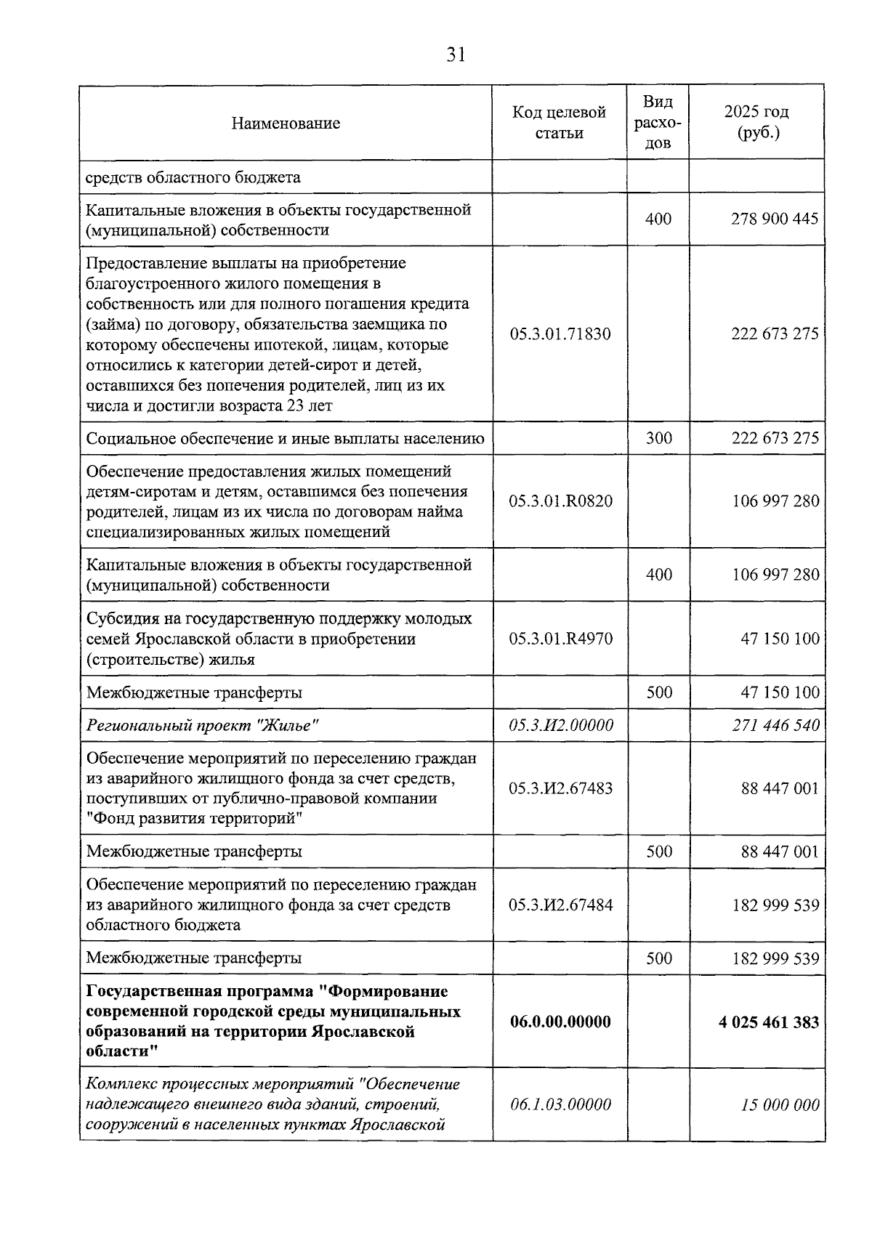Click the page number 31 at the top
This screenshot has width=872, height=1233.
click(456, 55)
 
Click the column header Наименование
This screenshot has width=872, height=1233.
click(286, 123)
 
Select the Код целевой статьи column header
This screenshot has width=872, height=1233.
click(560, 123)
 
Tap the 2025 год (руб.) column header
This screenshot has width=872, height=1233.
click(756, 123)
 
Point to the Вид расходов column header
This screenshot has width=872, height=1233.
click(658, 123)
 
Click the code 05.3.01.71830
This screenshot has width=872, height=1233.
click(560, 334)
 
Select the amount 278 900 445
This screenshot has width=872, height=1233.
click(775, 219)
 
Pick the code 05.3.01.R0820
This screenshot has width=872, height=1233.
click(560, 501)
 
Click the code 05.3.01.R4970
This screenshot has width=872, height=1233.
click(560, 639)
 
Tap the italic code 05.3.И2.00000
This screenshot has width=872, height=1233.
click(560, 725)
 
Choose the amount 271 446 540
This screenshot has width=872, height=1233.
click(775, 725)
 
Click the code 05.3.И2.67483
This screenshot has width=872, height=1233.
click(560, 788)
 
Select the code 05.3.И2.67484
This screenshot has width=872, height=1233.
click(560, 905)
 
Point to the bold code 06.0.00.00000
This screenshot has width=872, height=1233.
click(560, 1022)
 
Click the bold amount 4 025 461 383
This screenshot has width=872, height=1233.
click(769, 1022)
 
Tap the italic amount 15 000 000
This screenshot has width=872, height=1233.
click(780, 1105)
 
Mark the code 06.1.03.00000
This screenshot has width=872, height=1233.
click(560, 1105)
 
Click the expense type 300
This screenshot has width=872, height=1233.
click(659, 438)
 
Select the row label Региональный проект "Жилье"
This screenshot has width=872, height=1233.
click(203, 725)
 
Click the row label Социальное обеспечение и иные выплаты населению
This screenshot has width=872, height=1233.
click(285, 438)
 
